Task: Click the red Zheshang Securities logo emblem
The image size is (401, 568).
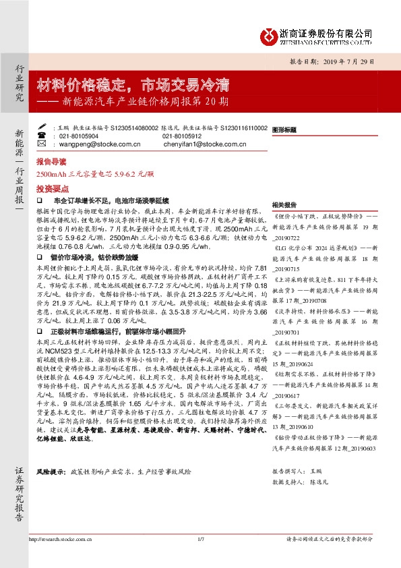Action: coord(268,35)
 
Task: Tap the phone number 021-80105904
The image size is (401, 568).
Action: coord(79,136)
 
